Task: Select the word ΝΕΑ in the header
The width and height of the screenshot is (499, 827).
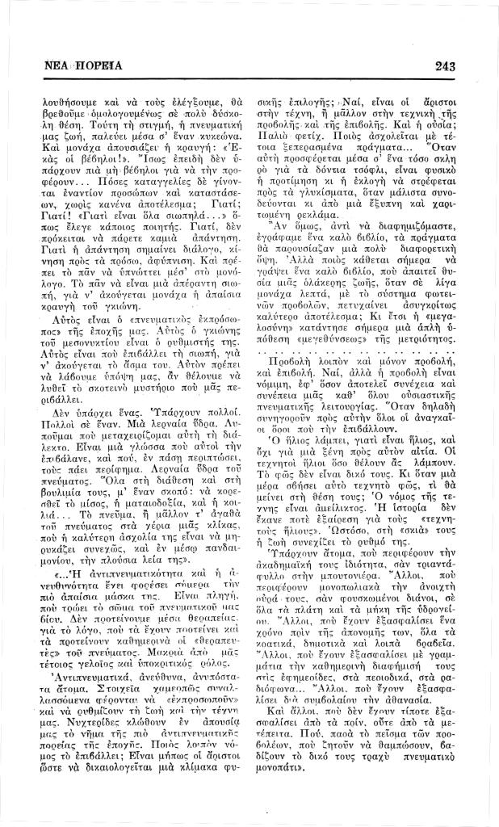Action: point(57,65)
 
